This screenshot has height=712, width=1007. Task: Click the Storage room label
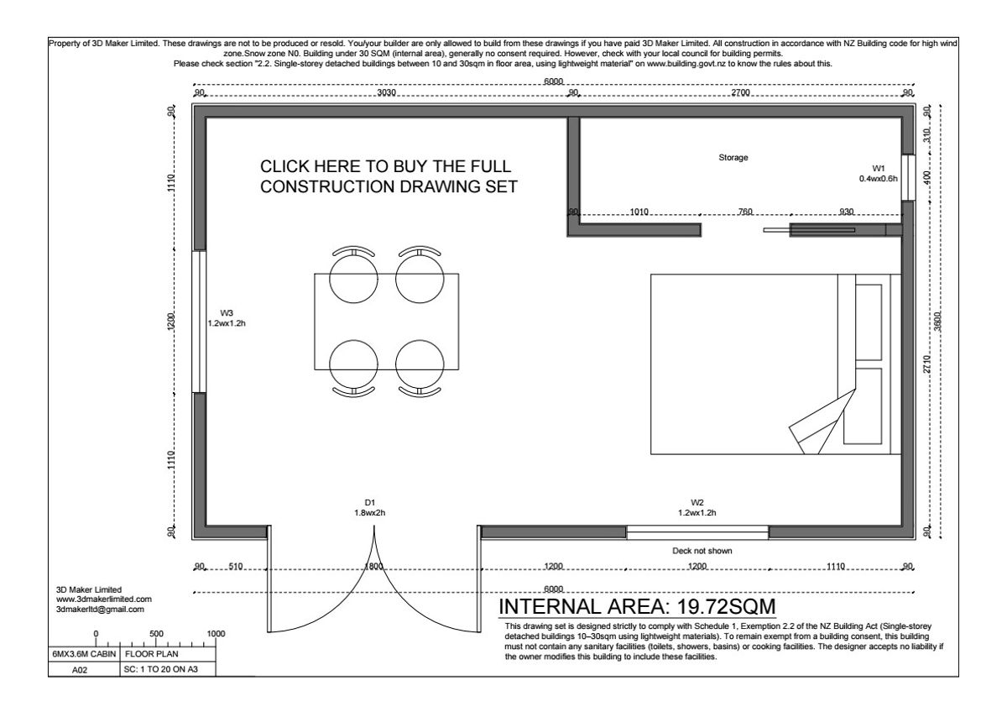point(733,157)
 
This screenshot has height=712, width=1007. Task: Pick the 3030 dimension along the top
point(387,92)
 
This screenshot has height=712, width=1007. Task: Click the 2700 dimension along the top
point(740,92)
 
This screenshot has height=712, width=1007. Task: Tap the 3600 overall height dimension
point(937,321)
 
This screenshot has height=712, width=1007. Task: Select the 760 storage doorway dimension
point(745,212)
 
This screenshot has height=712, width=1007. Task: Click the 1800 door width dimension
point(373,566)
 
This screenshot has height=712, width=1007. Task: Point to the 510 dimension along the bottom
point(236,566)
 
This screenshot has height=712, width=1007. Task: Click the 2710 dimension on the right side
point(927,364)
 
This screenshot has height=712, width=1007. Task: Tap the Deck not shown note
point(702,551)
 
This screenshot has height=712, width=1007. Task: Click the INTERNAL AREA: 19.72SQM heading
point(638,607)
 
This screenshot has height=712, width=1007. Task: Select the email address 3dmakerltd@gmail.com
point(100,610)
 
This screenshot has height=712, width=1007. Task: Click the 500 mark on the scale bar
point(156,634)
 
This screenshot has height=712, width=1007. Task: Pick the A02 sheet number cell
point(80,670)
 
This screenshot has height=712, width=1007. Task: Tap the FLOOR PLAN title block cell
point(152,654)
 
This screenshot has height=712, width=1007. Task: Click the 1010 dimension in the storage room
point(639,212)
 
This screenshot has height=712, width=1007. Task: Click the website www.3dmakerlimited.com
point(104,599)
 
